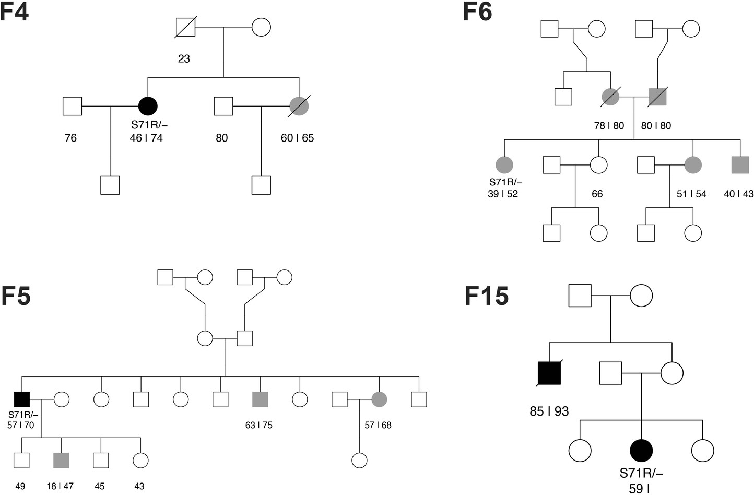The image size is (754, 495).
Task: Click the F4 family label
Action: pyautogui.click(x=15, y=11)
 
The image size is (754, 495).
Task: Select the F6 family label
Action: pyautogui.click(x=477, y=11)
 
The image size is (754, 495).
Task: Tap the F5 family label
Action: pyautogui.click(x=16, y=296)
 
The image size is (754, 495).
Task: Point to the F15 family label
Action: pyautogui.click(x=487, y=296)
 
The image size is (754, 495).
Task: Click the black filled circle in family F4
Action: pyautogui.click(x=148, y=106)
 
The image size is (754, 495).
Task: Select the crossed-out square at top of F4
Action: pyautogui.click(x=185, y=27)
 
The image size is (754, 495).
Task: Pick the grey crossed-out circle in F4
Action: pyautogui.click(x=299, y=106)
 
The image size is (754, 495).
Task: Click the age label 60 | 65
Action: pyautogui.click(x=297, y=138)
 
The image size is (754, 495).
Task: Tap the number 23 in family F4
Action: pyautogui.click(x=184, y=58)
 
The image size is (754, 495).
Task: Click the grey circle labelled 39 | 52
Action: pyautogui.click(x=504, y=164)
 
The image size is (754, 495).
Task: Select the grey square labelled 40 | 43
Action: pyautogui.click(x=740, y=164)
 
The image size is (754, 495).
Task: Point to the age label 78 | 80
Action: pyautogui.click(x=609, y=126)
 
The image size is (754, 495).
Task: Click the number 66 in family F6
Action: pyautogui.click(x=597, y=194)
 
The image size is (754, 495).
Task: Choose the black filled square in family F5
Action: pyautogui.click(x=21, y=399)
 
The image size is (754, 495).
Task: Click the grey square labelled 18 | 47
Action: pyautogui.click(x=61, y=460)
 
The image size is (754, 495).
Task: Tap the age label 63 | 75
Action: pyautogui.click(x=258, y=425)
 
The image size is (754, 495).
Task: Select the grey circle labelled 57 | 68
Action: pyautogui.click(x=379, y=399)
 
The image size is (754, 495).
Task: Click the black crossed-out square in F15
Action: pyautogui.click(x=549, y=373)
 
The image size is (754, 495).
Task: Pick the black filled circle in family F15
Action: pyautogui.click(x=641, y=450)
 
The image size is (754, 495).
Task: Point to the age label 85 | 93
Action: pyautogui.click(x=549, y=411)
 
